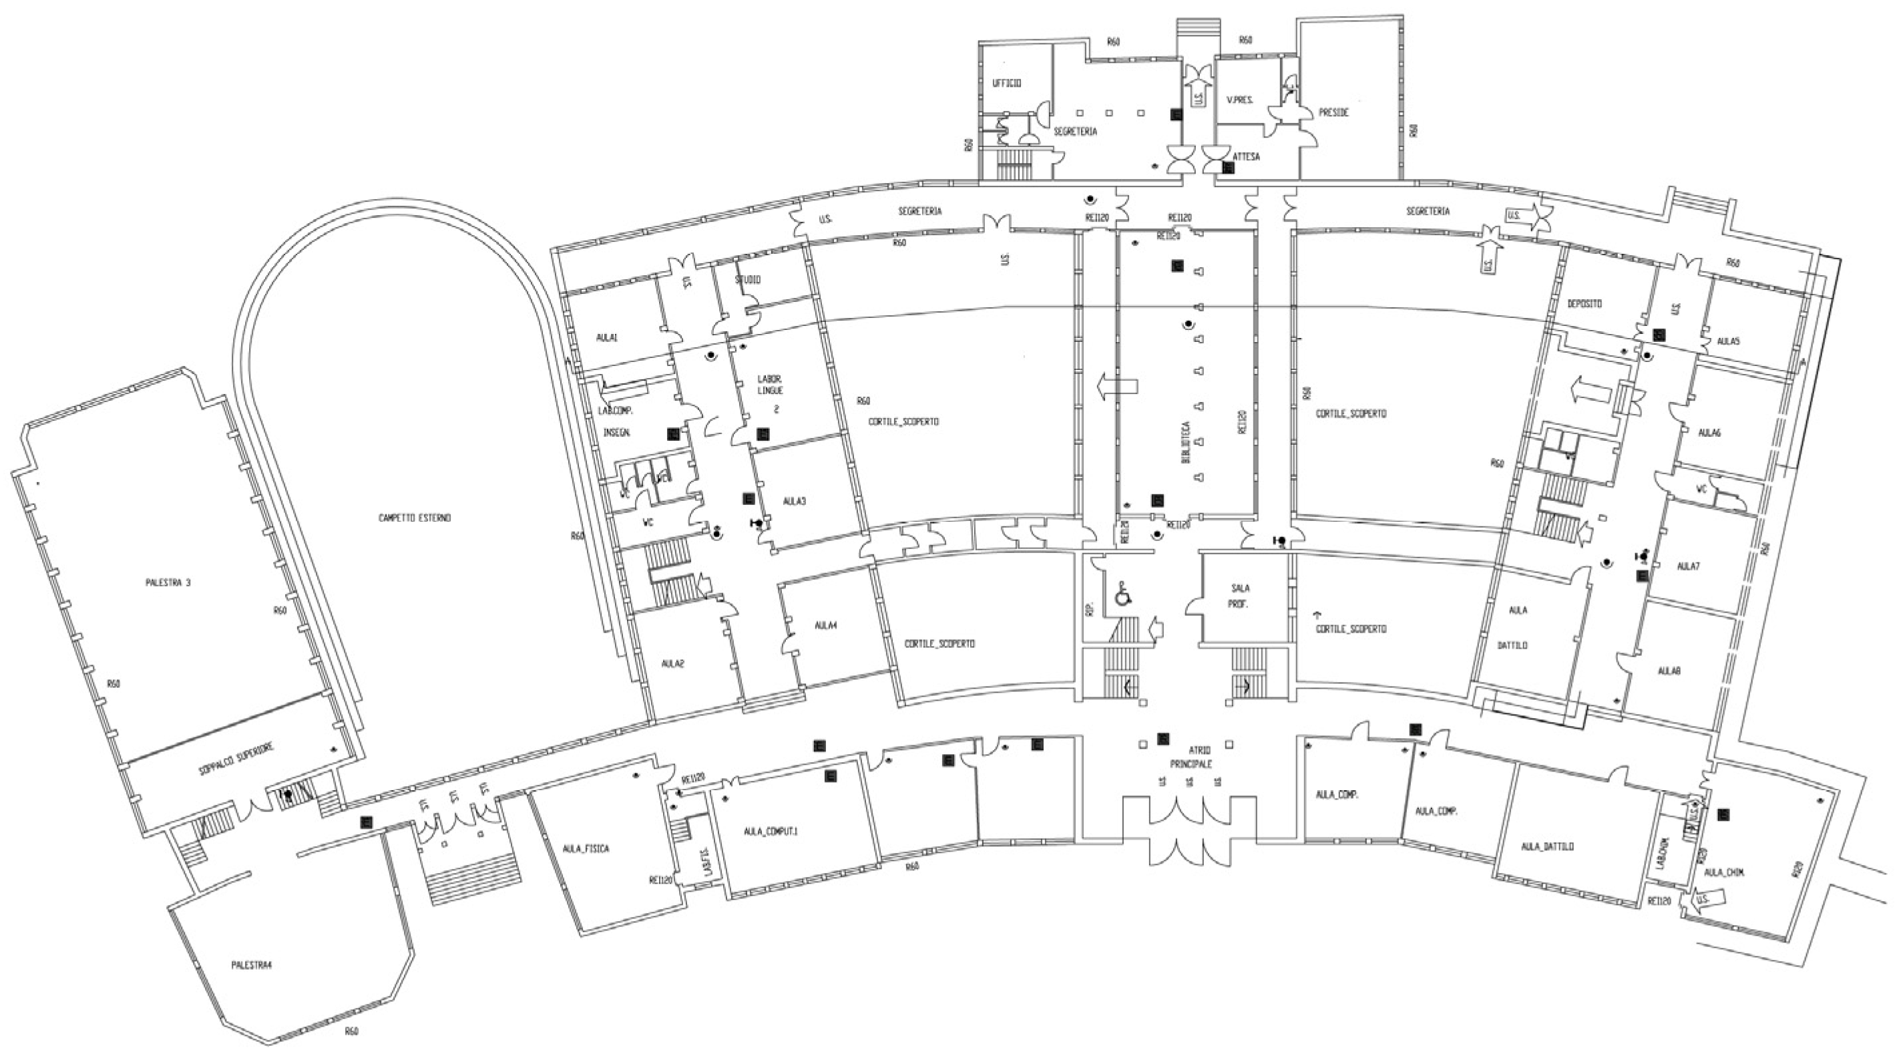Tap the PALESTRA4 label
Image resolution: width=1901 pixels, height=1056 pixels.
(252, 965)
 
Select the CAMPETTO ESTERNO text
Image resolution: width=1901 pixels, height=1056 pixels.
(414, 518)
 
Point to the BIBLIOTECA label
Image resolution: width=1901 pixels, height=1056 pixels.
(1186, 442)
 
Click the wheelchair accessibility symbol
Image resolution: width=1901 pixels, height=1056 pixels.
(1122, 594)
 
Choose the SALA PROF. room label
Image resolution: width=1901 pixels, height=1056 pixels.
(1240, 596)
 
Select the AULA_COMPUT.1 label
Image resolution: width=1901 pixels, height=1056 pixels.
(771, 831)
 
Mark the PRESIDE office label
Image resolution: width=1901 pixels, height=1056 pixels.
(1333, 113)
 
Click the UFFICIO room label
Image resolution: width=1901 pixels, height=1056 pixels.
(1006, 84)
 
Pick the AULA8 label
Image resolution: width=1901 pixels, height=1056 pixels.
(1669, 671)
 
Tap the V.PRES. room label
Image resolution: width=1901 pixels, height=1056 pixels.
(1240, 100)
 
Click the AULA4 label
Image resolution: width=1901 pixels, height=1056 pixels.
(825, 625)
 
